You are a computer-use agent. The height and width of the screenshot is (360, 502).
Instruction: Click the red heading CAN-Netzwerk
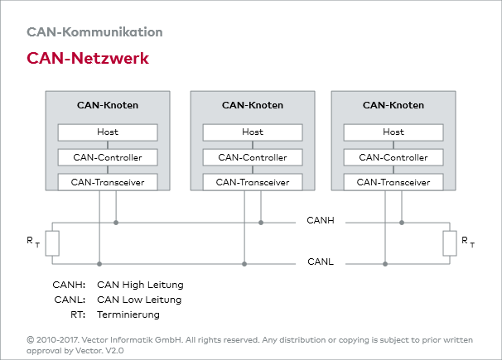coord(88,59)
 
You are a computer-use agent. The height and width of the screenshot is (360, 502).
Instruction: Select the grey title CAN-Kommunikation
coord(94,32)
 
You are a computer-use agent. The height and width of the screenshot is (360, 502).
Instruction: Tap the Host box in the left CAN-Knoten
coord(107,132)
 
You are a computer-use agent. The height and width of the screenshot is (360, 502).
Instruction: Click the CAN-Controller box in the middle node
coord(253,157)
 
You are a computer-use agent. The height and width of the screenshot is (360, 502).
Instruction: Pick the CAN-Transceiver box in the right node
coord(393,182)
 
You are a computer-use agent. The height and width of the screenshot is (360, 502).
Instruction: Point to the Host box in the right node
coord(393,132)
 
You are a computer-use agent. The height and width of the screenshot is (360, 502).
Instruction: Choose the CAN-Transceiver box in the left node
coord(107,182)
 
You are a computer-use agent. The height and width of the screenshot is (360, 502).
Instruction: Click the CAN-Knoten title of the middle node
coord(253,105)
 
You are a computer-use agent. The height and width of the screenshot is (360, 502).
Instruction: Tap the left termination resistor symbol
coord(51,243)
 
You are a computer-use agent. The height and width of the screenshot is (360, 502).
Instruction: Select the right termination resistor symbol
coord(450,243)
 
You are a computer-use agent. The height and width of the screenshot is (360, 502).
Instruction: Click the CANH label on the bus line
coord(321,222)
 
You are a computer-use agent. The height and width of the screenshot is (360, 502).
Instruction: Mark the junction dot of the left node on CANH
coord(116,222)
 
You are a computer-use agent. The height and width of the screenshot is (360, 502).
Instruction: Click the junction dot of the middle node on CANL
coord(244,264)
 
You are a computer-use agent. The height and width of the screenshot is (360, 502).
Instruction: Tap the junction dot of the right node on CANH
coord(402,222)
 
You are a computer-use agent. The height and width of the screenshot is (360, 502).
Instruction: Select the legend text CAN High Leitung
coord(140,285)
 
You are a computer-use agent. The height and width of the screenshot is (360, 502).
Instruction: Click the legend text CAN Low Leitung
coord(139,300)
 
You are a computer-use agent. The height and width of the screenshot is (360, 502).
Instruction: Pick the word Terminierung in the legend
coord(128,314)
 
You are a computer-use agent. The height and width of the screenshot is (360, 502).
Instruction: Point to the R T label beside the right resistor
coord(469,242)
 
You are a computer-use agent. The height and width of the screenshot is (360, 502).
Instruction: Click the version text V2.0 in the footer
coord(113,350)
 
